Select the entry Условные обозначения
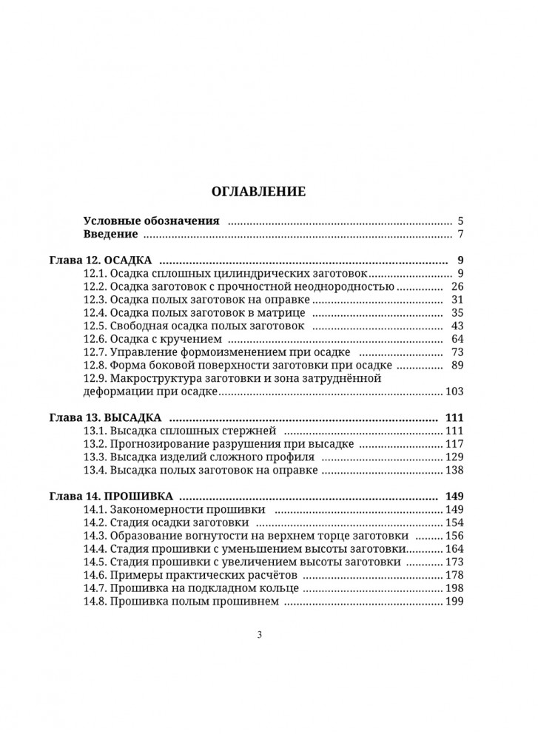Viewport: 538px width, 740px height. click(x=152, y=221)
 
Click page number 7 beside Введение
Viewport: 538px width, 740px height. click(x=460, y=235)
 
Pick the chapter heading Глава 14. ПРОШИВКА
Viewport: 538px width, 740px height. click(x=111, y=496)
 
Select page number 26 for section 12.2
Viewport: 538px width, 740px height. click(x=456, y=287)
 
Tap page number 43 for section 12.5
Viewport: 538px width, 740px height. click(x=456, y=326)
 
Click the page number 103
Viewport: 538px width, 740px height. click(x=453, y=391)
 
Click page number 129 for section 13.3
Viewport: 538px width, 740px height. click(x=453, y=457)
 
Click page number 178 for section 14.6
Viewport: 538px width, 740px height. click(x=453, y=575)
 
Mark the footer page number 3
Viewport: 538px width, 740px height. click(x=259, y=634)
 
